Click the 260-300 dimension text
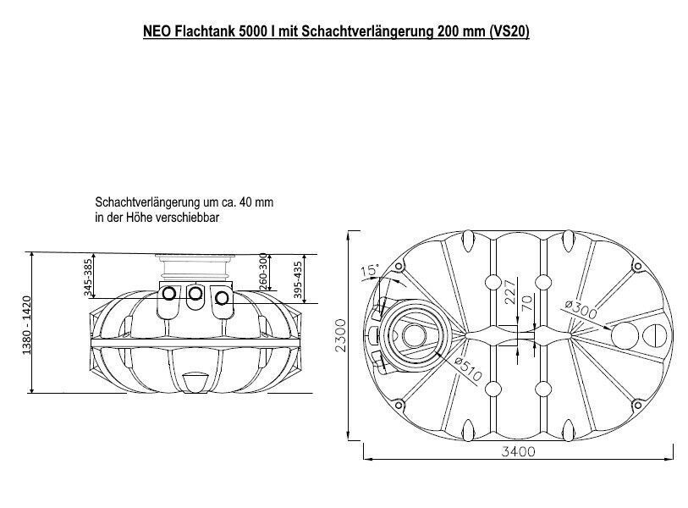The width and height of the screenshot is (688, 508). pyautogui.click(x=263, y=270)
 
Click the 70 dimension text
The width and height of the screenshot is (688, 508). pyautogui.click(x=526, y=304)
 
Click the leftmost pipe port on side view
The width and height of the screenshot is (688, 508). pyautogui.click(x=169, y=294)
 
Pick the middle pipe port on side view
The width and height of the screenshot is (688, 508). pyautogui.click(x=195, y=294)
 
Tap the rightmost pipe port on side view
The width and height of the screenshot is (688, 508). pyautogui.click(x=222, y=297)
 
